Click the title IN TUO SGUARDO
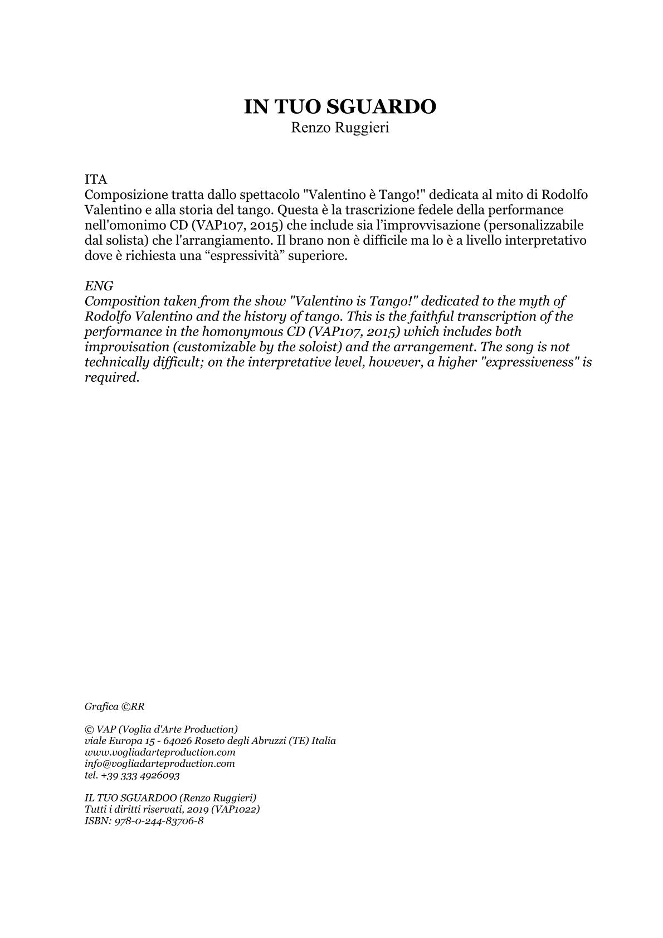339,106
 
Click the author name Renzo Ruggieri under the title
340,128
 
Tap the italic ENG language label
99,286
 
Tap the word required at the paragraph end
111,377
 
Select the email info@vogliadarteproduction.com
160,764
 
